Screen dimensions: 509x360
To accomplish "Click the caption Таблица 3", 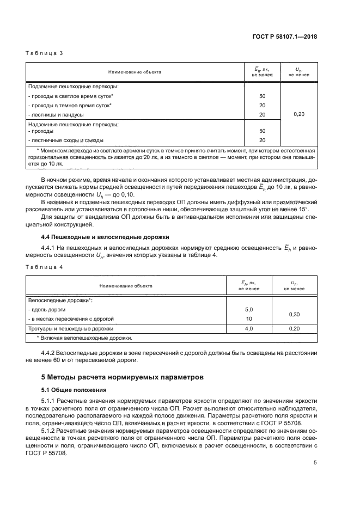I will pyautogui.click(x=45, y=53).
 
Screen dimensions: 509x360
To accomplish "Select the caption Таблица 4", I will pyautogui.click(x=45, y=267).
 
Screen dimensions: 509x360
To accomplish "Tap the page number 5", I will pyautogui.click(x=315, y=462).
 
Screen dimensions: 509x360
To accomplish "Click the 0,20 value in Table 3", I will pyautogui.click(x=298, y=114).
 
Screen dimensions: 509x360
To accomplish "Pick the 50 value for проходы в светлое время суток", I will pyautogui.click(x=262, y=96).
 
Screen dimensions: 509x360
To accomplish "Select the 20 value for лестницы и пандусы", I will pyautogui.click(x=262, y=114).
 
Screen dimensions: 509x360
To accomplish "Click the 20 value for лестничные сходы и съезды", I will pyautogui.click(x=262, y=140).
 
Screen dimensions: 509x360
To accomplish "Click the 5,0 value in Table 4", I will pyautogui.click(x=249, y=309).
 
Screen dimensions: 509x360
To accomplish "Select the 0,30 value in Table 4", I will pyautogui.click(x=294, y=314).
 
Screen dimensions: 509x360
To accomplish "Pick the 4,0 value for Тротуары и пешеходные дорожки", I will pyautogui.click(x=249, y=329).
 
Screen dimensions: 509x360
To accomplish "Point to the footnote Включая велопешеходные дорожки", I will pyautogui.click(x=81, y=338).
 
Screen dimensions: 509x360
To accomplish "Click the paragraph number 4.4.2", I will pyautogui.click(x=51, y=353).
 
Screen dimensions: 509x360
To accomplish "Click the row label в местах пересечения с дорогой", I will pyautogui.click(x=71, y=318).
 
